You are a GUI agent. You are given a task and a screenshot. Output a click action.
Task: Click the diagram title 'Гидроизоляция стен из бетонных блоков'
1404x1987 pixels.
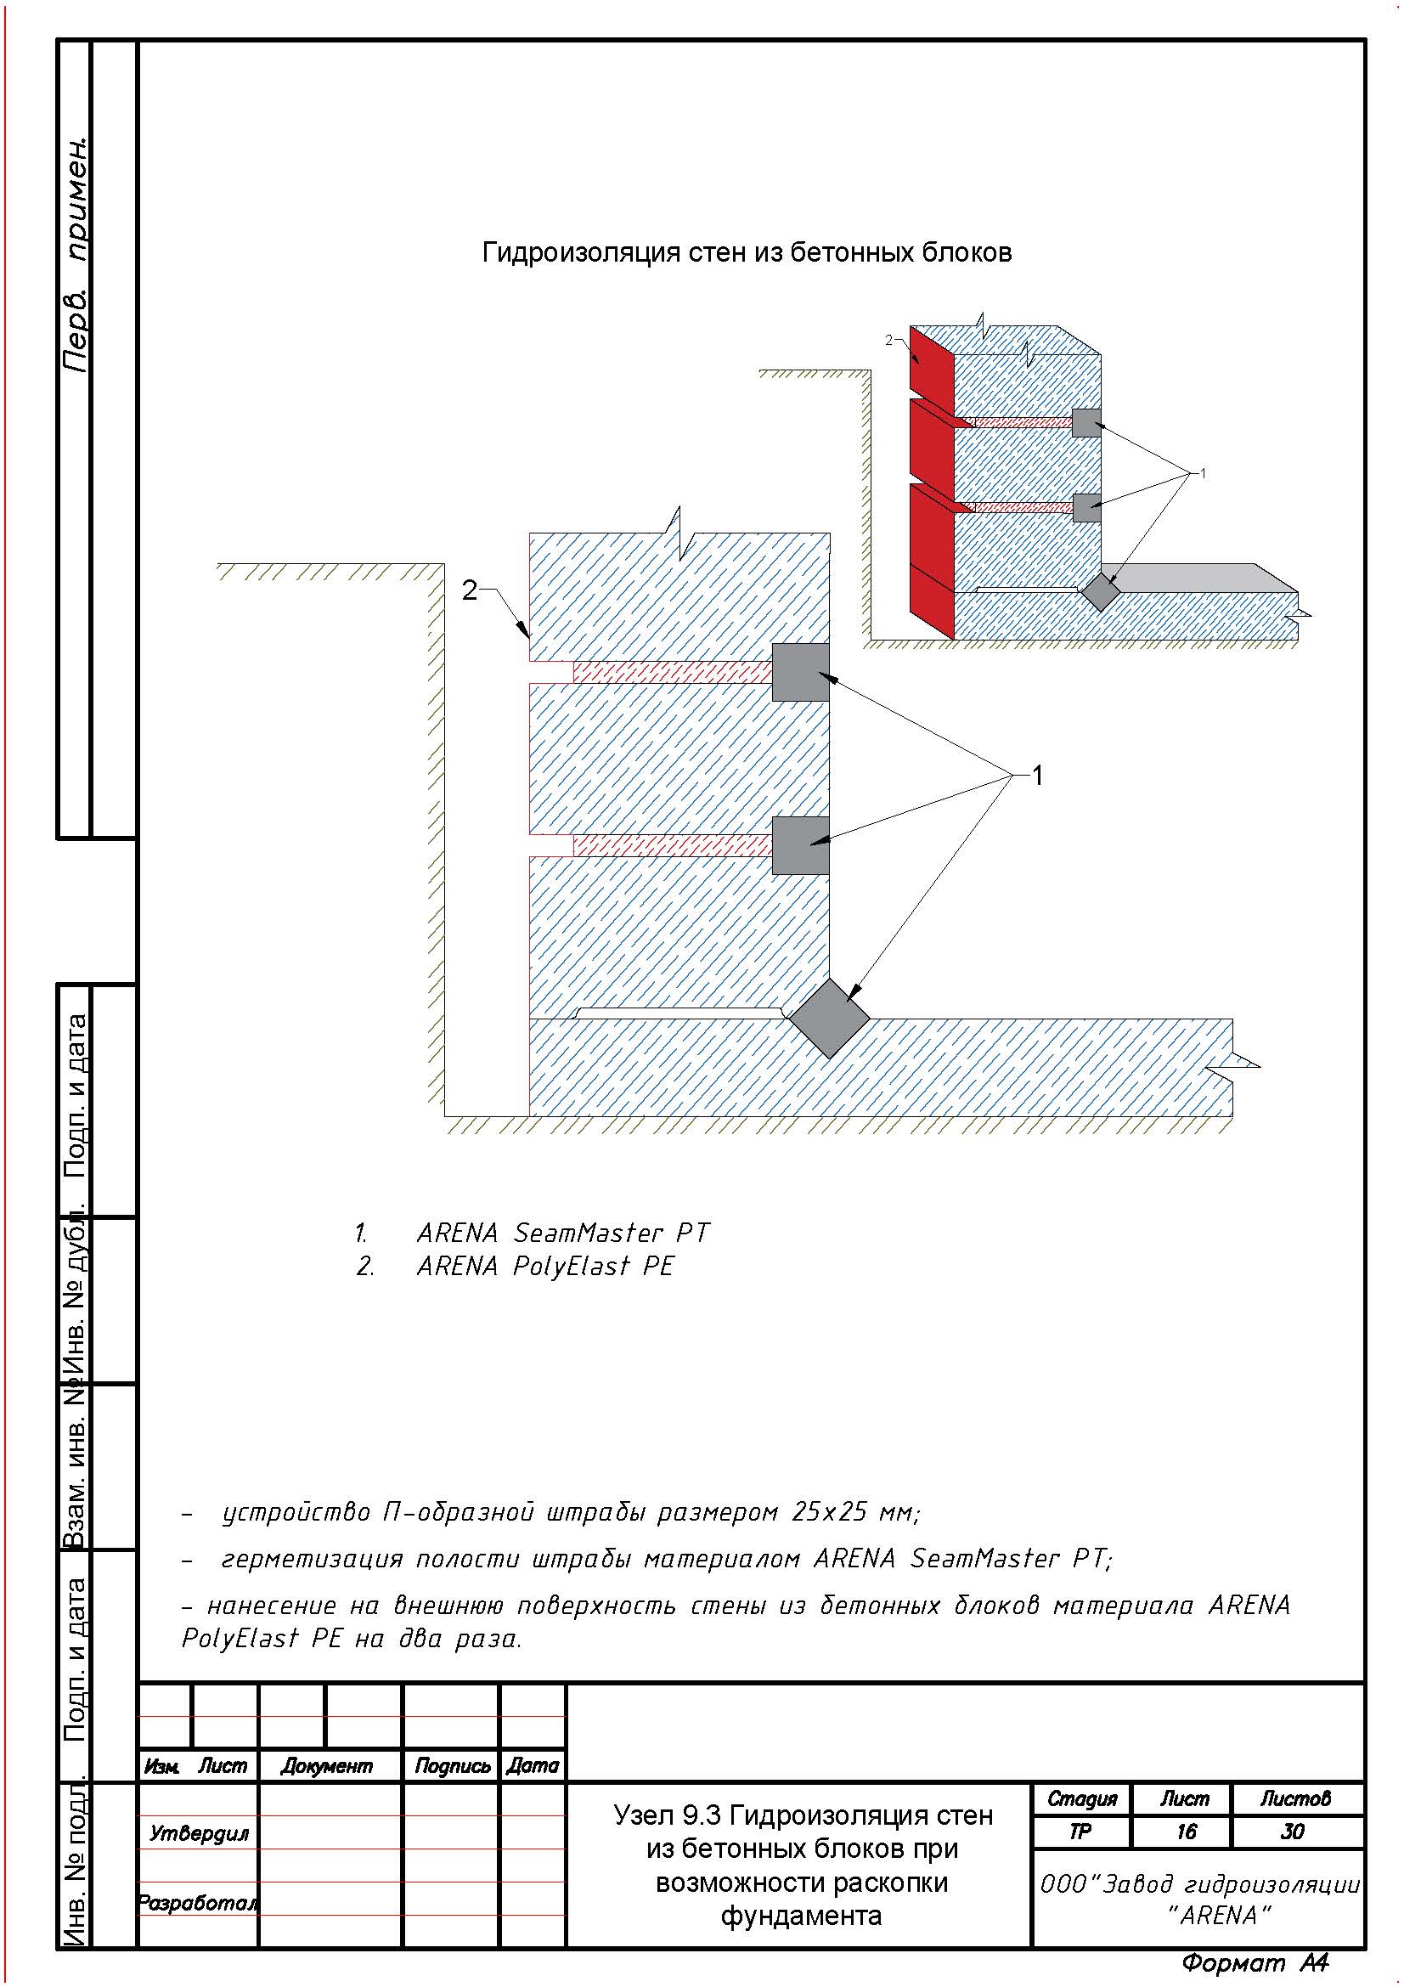[x=747, y=252]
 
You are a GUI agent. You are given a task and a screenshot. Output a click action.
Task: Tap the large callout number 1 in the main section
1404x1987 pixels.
[x=1037, y=776]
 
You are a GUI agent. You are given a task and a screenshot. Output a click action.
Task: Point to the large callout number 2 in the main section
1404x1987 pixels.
[x=469, y=590]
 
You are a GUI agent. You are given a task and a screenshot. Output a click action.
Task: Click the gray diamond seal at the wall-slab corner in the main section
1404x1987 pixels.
[x=830, y=1018]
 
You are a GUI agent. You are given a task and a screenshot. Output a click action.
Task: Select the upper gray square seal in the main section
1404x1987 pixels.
[x=800, y=672]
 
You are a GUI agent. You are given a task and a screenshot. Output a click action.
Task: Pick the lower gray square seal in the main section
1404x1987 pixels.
[x=800, y=844]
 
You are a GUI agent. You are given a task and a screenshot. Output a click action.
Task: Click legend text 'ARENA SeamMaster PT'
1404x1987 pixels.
[x=562, y=1233]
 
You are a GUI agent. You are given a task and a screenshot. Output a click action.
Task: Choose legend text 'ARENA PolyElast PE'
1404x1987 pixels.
[x=545, y=1266]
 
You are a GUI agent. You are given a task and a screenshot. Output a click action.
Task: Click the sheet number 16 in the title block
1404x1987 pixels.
[x=1186, y=1832]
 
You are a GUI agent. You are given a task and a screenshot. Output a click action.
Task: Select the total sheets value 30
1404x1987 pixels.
[x=1293, y=1832]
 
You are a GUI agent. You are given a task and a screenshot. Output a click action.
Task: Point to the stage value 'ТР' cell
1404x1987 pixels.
[x=1080, y=1832]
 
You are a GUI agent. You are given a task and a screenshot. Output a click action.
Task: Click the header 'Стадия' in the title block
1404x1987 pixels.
[x=1082, y=1799]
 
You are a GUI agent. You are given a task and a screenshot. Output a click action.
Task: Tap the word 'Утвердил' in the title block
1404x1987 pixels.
[x=199, y=1833]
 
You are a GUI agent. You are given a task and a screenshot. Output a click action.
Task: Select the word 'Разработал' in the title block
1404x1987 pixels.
[x=198, y=1903]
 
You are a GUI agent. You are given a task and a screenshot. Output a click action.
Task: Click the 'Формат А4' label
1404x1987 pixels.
[x=1255, y=1962]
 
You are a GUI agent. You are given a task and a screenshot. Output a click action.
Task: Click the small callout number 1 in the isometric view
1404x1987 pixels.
[x=1203, y=472]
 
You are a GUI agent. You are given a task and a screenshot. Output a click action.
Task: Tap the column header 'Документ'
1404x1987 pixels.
[x=326, y=1766]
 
